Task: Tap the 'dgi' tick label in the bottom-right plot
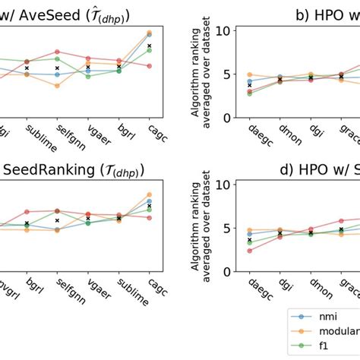point(285,289)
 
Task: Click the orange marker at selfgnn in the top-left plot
point(57,86)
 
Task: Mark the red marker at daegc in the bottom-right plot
point(251,250)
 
